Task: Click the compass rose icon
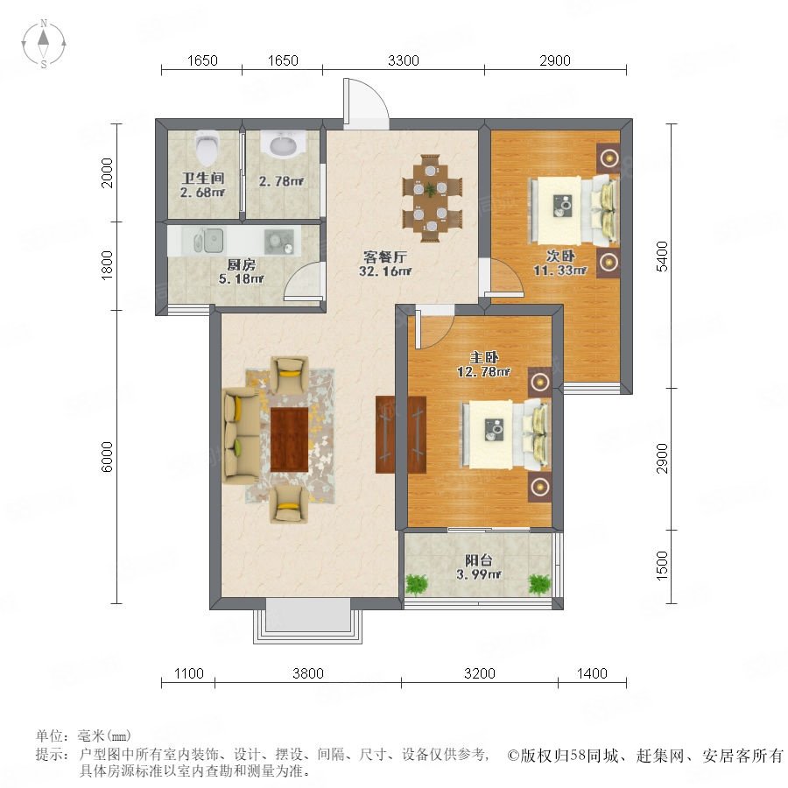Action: click(44, 44)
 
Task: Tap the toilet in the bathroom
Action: click(207, 148)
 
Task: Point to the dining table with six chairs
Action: click(431, 199)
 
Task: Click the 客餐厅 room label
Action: click(385, 257)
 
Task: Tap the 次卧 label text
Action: click(560, 256)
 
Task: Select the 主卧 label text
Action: click(483, 358)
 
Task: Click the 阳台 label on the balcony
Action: click(478, 560)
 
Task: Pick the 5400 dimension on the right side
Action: click(663, 257)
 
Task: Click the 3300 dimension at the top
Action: click(404, 60)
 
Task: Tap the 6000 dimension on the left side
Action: click(107, 457)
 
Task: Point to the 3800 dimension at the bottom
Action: click(308, 673)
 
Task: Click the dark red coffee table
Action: click(290, 440)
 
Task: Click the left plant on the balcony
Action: click(417, 584)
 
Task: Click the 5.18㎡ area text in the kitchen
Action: click(242, 278)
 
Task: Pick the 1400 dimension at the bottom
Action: click(592, 673)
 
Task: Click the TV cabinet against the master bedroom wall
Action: click(400, 434)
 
